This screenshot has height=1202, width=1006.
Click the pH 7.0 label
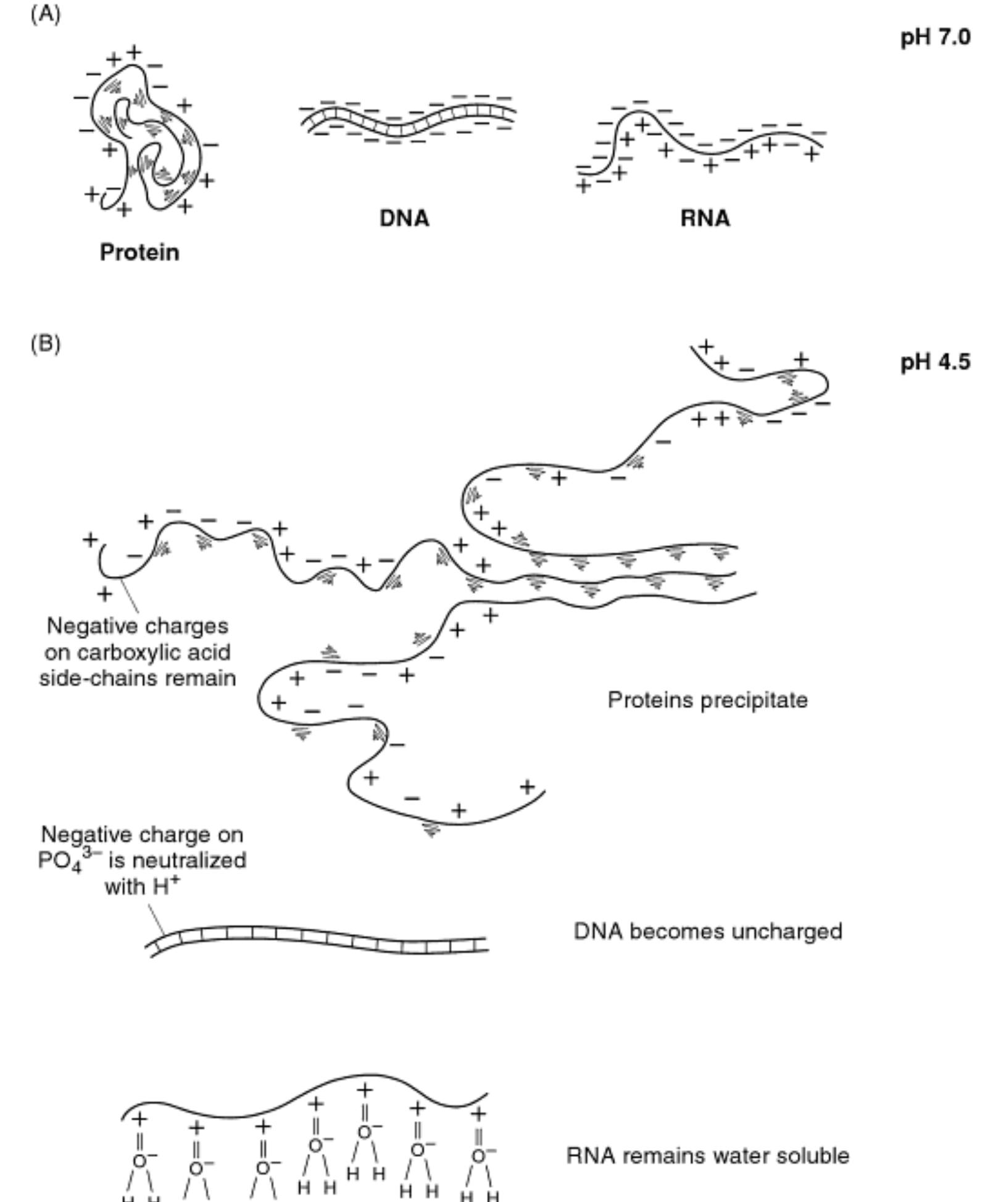click(x=935, y=37)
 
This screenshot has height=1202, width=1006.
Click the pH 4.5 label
click(x=935, y=361)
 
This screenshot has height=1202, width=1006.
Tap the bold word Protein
click(x=139, y=253)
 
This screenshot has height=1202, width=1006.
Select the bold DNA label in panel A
click(x=404, y=219)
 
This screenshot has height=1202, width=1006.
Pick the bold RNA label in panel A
click(x=705, y=219)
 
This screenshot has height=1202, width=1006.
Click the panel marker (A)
click(x=46, y=14)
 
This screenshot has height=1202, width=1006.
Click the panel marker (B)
click(x=46, y=343)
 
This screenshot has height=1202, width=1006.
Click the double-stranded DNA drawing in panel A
click(x=407, y=119)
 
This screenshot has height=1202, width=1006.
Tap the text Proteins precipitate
click(x=707, y=700)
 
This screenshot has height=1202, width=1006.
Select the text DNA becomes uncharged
click(x=707, y=931)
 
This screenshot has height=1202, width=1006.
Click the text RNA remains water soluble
click(x=707, y=1155)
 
